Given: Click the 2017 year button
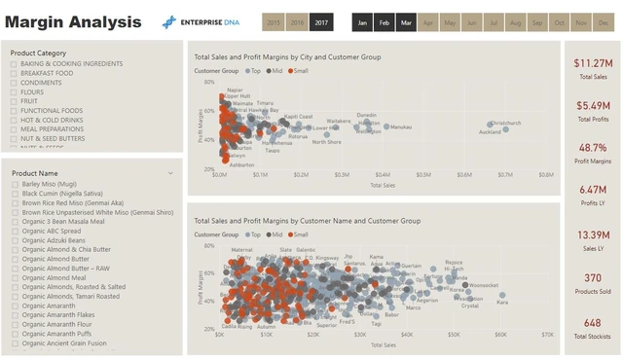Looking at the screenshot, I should (320, 22).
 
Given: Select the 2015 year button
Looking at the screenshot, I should (274, 22).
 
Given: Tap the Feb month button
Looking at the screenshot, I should (384, 22).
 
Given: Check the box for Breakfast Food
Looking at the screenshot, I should (14, 73).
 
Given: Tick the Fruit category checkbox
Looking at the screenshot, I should (14, 101).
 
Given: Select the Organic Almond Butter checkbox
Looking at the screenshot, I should (15, 260).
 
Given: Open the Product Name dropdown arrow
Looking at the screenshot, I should (170, 173).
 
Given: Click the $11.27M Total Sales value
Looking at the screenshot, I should (592, 64).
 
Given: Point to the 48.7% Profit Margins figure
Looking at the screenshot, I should (592, 148).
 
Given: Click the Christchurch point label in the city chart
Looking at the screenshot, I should (506, 124).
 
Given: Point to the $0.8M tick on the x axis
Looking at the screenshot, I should (545, 175).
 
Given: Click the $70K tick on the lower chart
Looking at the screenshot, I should (547, 336).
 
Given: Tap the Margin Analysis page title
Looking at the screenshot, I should (74, 21).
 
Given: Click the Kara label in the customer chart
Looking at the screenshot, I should (502, 302).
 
